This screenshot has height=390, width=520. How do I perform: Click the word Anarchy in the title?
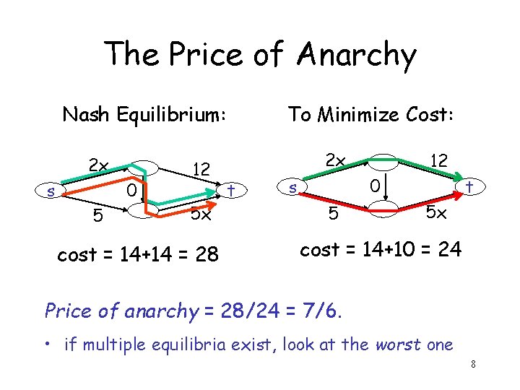(356, 56)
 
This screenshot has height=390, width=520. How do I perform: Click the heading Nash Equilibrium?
(144, 114)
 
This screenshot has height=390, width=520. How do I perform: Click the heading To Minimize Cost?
(370, 114)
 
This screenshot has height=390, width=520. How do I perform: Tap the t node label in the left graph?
(230, 190)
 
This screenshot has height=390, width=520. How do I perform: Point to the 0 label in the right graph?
(373, 186)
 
